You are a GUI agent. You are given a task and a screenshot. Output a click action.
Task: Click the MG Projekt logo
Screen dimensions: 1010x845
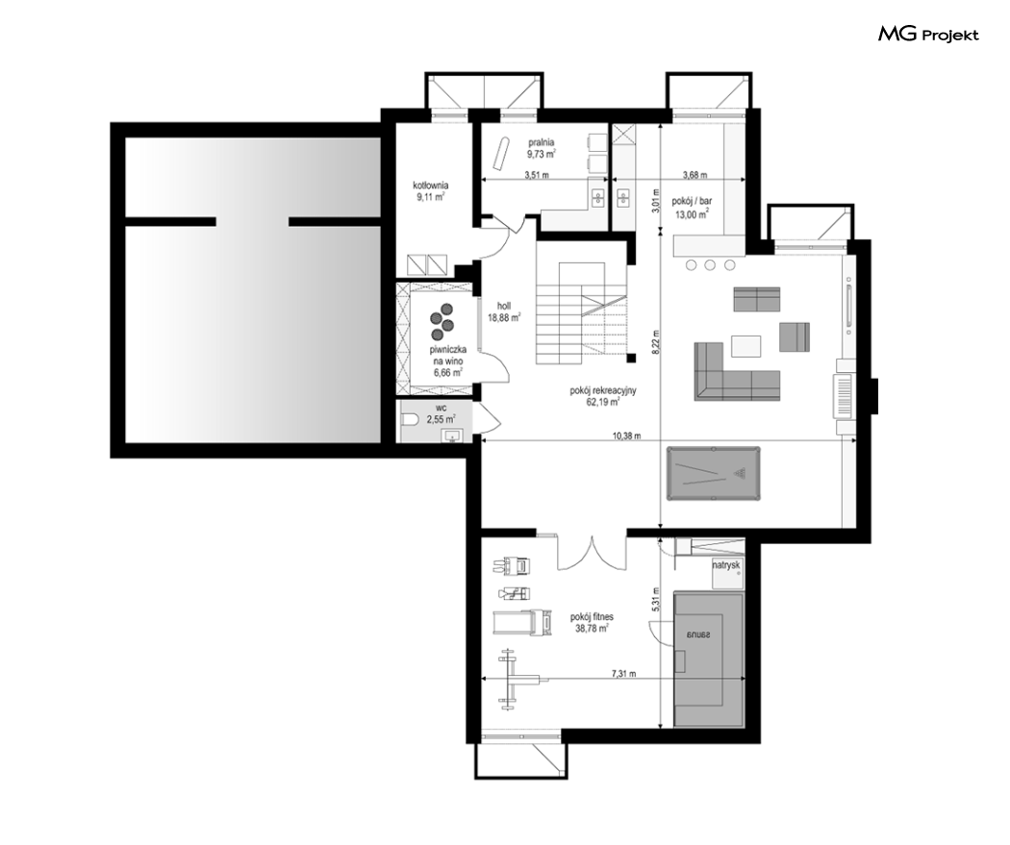[928, 34]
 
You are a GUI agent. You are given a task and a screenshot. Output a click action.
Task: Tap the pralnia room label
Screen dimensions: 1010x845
[542, 143]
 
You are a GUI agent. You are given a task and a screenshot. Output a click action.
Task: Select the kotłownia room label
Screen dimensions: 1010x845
[431, 186]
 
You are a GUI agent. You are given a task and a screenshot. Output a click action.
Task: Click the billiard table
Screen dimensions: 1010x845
[713, 474]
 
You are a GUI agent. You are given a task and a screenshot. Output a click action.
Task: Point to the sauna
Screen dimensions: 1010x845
[709, 659]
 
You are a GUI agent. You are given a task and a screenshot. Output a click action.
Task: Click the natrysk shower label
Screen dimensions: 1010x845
[726, 565]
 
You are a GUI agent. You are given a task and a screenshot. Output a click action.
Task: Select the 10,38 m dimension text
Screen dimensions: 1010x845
[627, 435]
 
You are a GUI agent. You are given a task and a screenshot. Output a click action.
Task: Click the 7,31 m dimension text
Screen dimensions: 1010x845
[623, 674]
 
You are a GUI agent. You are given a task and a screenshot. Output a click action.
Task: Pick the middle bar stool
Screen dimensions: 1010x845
[710, 264]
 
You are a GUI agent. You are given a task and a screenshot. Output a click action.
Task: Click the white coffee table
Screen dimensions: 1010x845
[745, 345]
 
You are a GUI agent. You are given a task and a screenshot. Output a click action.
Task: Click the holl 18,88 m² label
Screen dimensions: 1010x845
[504, 311]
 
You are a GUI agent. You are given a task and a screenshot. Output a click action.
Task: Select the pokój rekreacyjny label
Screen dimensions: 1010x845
[603, 390]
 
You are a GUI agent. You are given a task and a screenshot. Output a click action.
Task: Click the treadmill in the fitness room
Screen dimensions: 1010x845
[523, 622]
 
